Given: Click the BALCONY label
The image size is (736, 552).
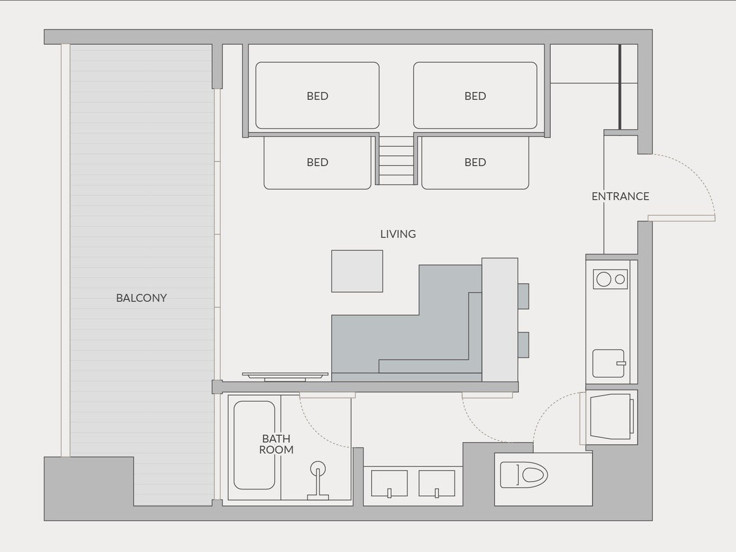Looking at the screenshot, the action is click(x=141, y=297).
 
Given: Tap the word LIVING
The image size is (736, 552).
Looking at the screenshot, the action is click(x=398, y=234).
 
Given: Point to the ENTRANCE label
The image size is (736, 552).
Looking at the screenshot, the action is click(x=620, y=196).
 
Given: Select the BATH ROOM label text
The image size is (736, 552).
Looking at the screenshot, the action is click(x=276, y=444).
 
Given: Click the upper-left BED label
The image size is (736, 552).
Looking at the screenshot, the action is click(x=317, y=96).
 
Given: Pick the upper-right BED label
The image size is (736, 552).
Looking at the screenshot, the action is click(x=475, y=96).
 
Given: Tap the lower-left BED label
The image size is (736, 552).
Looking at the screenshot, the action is click(x=317, y=162).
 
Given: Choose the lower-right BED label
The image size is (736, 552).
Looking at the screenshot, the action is click(x=475, y=162).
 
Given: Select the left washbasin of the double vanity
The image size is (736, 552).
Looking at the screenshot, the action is click(x=389, y=483).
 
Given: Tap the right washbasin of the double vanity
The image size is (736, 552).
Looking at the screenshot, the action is click(x=437, y=483).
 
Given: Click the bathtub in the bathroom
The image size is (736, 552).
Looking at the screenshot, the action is click(x=254, y=445).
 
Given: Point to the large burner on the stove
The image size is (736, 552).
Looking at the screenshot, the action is click(x=604, y=279).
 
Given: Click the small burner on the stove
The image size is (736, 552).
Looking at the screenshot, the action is click(x=620, y=279).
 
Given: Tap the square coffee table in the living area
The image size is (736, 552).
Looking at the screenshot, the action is click(x=357, y=271).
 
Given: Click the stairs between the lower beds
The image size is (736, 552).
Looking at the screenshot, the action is click(x=396, y=161).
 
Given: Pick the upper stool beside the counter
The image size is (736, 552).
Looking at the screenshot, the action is click(x=523, y=296).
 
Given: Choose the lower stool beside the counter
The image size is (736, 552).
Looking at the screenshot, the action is click(x=523, y=345).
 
